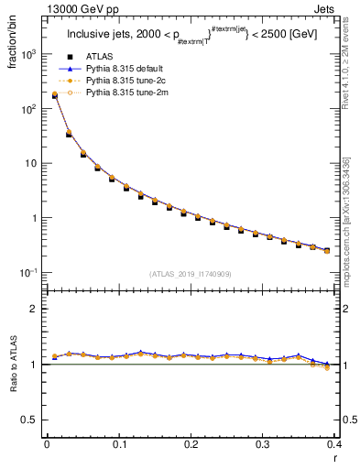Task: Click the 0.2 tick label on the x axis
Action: click(191, 444)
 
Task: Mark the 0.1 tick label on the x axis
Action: click(118, 444)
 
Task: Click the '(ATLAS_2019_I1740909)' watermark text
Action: click(189, 273)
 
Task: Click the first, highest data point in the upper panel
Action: click(54, 94)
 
